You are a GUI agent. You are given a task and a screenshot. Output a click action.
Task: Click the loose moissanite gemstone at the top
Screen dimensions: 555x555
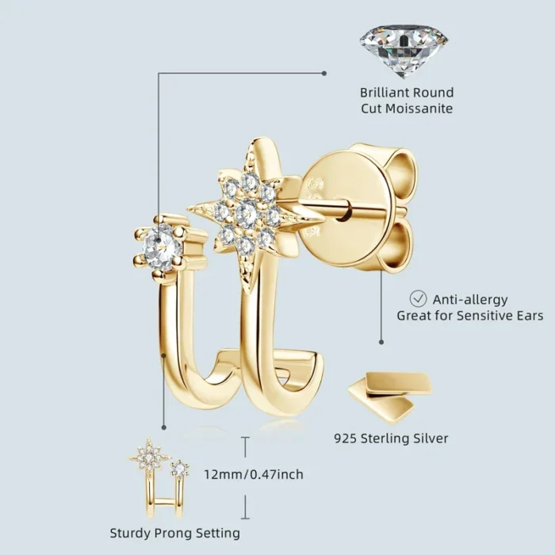[x=404, y=51]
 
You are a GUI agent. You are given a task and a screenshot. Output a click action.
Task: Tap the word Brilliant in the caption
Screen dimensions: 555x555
[x=383, y=93]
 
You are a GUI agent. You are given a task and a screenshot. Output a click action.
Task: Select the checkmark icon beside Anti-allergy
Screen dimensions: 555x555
[x=418, y=299]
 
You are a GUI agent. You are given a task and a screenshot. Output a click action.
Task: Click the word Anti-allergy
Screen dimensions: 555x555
[x=470, y=300]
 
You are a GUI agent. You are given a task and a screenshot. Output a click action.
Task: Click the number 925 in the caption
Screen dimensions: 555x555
[x=346, y=438]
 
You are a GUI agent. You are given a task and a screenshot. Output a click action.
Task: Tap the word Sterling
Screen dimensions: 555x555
[x=381, y=439]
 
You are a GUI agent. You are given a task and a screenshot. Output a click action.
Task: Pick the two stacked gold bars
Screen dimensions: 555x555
[x=390, y=396]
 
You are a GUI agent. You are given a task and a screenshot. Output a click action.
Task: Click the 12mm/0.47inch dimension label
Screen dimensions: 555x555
[x=254, y=474]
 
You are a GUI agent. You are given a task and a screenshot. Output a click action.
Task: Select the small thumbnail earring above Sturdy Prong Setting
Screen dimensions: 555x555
[x=159, y=478]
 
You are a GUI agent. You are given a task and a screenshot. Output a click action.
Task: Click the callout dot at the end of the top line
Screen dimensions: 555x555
[x=323, y=73]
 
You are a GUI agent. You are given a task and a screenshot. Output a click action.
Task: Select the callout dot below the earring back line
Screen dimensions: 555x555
[x=381, y=342]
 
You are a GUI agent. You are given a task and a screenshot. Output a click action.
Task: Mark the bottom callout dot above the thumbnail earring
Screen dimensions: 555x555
[x=163, y=427]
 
